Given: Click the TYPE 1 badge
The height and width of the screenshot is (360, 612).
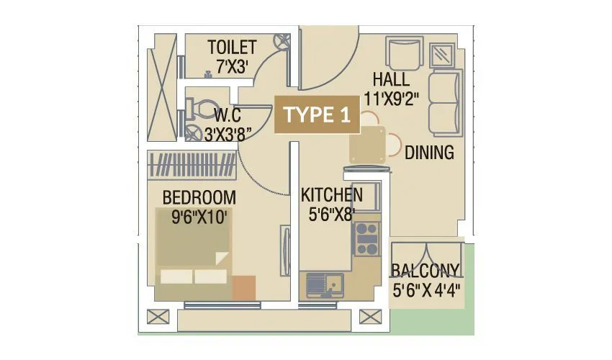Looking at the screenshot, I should [318, 115].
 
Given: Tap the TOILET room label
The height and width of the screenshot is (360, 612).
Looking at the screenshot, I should [232, 48].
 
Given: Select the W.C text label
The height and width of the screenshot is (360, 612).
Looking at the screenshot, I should [228, 114].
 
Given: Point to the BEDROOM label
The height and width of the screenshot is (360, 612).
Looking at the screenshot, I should [199, 197].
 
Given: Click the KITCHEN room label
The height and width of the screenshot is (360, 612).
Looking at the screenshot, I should [331, 195].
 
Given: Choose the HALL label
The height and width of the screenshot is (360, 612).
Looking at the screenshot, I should [392, 79].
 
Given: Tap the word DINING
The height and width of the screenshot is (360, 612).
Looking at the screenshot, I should [429, 153].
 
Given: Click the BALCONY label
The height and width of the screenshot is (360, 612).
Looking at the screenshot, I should [426, 271].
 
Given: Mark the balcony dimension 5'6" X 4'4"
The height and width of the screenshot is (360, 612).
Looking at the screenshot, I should [426, 291].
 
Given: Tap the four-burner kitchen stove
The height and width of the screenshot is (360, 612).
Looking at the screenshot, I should [366, 238].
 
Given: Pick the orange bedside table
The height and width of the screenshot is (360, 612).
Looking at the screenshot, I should [243, 287].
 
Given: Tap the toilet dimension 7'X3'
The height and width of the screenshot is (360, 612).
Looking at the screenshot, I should [232, 66].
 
